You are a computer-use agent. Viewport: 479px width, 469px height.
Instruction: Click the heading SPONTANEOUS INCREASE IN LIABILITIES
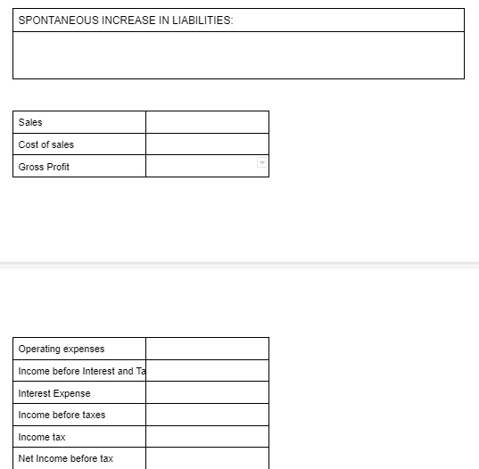click(x=125, y=21)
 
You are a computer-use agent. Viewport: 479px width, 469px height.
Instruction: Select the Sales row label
click(x=30, y=122)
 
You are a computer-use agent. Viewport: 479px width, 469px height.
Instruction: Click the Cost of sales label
click(x=46, y=144)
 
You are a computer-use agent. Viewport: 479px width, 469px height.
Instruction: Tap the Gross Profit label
click(x=44, y=167)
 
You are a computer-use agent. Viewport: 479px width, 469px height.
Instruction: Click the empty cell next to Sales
click(x=207, y=122)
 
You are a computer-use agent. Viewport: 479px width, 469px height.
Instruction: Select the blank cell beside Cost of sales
click(x=207, y=144)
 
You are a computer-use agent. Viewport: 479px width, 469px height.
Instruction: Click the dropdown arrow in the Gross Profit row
click(x=261, y=162)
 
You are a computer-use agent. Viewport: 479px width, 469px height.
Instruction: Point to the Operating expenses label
click(x=62, y=349)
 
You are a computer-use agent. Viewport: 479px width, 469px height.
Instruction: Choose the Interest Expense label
click(x=54, y=393)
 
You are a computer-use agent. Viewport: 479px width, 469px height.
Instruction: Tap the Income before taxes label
click(x=62, y=415)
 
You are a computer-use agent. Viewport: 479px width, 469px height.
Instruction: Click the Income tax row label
click(x=42, y=437)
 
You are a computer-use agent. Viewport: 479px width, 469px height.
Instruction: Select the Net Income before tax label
click(x=66, y=458)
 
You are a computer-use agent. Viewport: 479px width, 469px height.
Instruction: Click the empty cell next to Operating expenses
click(x=207, y=349)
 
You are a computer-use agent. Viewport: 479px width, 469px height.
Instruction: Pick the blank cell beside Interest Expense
click(x=207, y=393)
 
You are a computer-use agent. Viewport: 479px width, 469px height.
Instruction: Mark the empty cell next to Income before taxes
click(x=207, y=415)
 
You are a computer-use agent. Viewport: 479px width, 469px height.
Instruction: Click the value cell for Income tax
click(x=207, y=437)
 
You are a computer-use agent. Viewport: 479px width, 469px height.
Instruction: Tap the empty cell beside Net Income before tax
click(x=207, y=458)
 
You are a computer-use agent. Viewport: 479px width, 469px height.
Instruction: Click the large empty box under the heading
click(x=238, y=55)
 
